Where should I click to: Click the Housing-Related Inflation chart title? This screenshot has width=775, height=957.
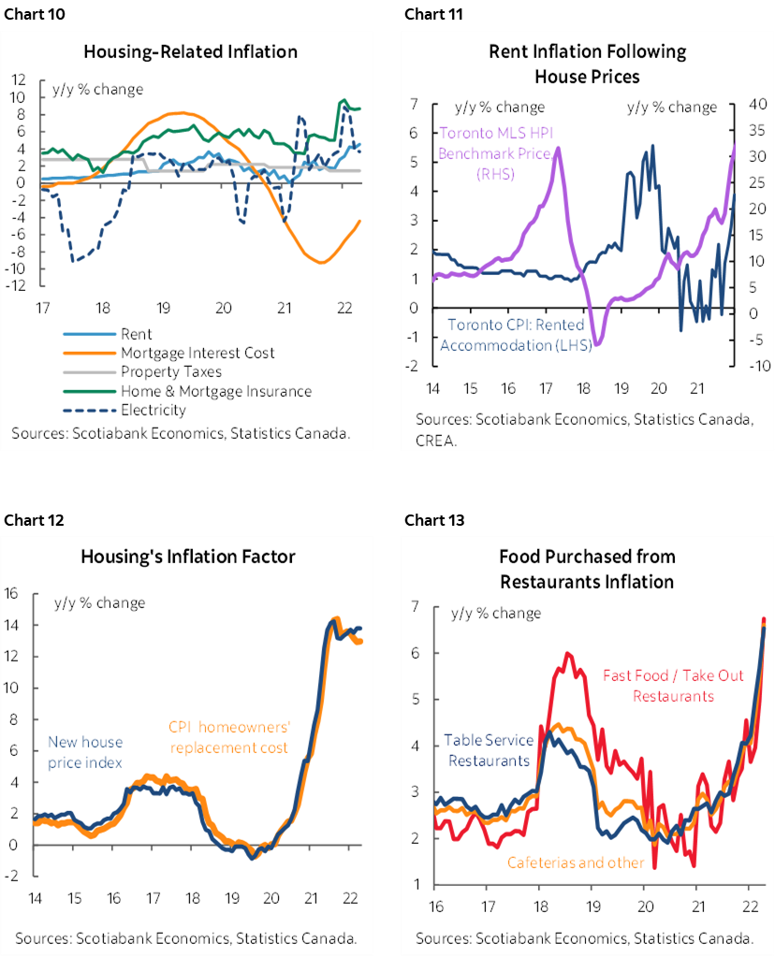(x=190, y=51)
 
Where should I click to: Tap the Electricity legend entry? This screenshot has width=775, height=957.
(x=154, y=409)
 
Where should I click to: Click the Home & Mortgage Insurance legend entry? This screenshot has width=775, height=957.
(x=215, y=390)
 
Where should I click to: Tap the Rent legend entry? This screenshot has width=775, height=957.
(x=137, y=334)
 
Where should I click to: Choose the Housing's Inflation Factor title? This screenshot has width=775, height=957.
(x=188, y=557)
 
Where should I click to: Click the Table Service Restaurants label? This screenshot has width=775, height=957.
(x=489, y=749)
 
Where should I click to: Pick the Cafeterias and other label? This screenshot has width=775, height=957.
(x=576, y=862)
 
